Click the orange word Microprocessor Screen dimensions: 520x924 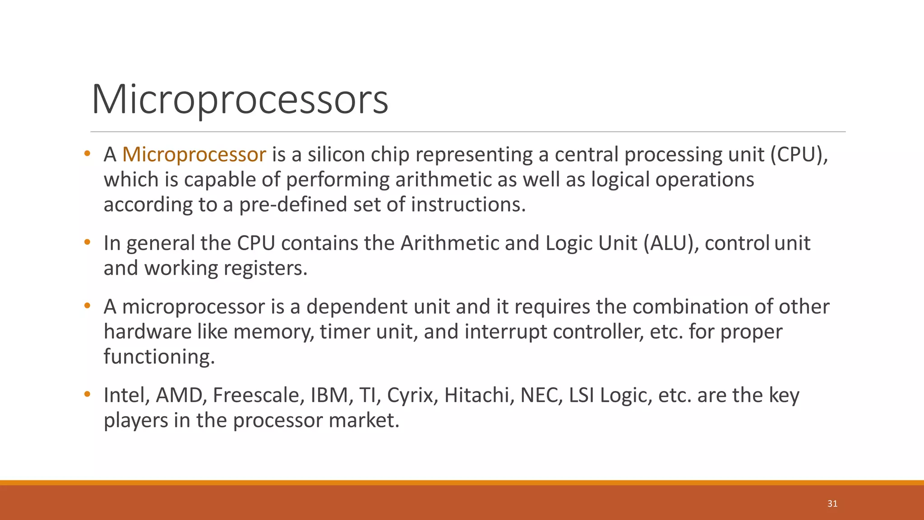(194, 155)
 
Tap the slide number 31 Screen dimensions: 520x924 (832, 504)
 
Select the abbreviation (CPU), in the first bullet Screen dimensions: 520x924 (799, 155)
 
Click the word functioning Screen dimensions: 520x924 (159, 357)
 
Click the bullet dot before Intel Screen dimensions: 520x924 (88, 395)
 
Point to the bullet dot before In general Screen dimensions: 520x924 (88, 242)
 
